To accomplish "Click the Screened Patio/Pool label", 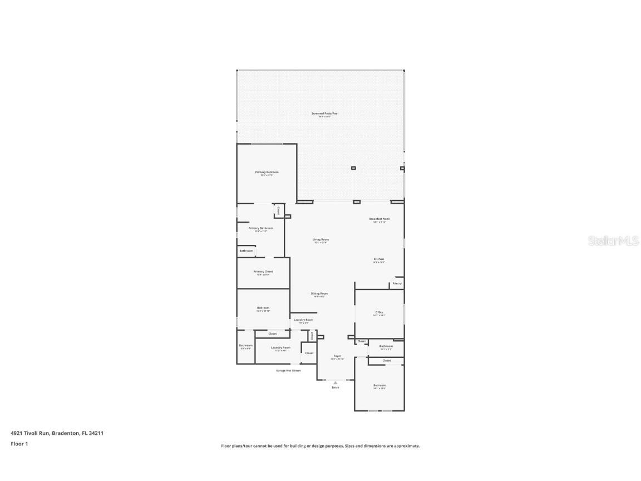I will [324, 114].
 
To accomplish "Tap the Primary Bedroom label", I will [267, 173].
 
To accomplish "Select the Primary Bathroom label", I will [261, 228].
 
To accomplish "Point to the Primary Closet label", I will [263, 272].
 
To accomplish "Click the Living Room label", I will [321, 240].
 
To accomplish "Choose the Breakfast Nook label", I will [379, 219].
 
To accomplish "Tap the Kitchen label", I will [379, 259].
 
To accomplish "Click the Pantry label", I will [397, 283].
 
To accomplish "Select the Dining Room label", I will [319, 294].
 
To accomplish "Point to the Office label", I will [379, 312].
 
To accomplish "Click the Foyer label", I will [337, 356].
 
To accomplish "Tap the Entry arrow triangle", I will [335, 382].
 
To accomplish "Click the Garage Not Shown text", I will [288, 370].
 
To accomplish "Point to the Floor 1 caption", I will [19, 444].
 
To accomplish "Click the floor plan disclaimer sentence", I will [320, 446].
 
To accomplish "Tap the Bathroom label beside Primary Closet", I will [246, 251].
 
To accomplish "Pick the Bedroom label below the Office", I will [379, 385].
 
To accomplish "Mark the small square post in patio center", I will [353, 168].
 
